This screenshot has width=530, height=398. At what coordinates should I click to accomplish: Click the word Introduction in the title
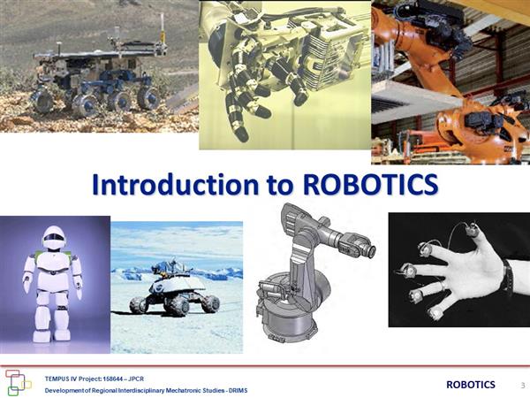pos(175,184)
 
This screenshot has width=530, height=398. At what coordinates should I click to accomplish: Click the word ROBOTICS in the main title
pos(370,185)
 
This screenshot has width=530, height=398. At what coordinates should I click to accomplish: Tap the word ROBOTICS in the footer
pos(471,385)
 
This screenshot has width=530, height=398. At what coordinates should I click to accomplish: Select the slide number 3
pos(523,385)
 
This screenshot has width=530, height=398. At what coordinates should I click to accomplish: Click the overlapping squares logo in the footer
pos(17,382)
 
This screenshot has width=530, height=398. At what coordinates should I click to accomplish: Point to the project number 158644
pos(112,379)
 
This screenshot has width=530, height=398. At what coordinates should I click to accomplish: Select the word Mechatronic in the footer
pos(181,391)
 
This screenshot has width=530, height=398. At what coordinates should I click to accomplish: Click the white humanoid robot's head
pos(54,238)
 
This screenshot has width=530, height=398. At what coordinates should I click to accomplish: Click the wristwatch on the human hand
pos(508,278)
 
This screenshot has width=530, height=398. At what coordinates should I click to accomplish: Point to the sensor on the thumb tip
pos(471,231)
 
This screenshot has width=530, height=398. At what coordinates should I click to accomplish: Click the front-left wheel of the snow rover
pos(139,305)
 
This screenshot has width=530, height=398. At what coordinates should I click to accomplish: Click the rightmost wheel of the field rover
pos(148,98)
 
